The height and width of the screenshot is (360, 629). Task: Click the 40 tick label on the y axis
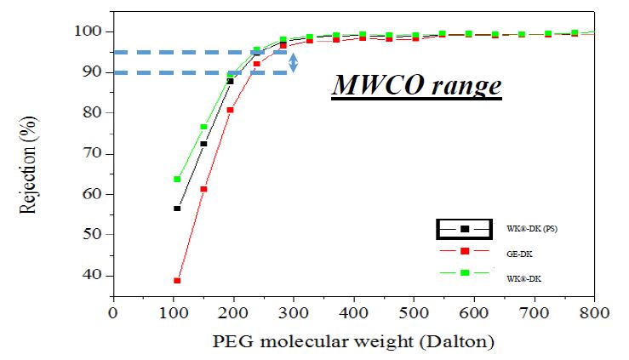tap(93, 275)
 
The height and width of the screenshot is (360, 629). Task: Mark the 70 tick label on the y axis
tap(93, 153)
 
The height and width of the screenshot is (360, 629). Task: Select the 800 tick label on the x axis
tap(593, 312)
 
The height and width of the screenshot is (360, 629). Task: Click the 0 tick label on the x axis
tap(112, 312)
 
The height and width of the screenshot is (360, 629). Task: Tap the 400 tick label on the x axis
tap(353, 312)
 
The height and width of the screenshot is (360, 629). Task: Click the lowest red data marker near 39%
tap(177, 280)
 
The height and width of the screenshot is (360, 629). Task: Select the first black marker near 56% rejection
tap(177, 209)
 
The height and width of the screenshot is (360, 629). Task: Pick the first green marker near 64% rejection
tap(177, 179)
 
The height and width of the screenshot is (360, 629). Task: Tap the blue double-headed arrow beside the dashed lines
tap(294, 62)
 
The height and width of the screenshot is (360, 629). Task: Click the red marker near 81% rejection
tap(230, 110)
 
